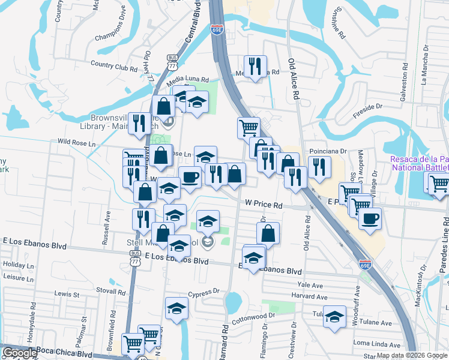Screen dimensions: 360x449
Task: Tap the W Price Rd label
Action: [x=264, y=205]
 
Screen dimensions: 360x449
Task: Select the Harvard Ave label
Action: [x=310, y=296]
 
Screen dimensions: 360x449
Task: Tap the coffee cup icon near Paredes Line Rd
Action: [x=370, y=217]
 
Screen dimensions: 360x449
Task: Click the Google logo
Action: [x=20, y=353]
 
